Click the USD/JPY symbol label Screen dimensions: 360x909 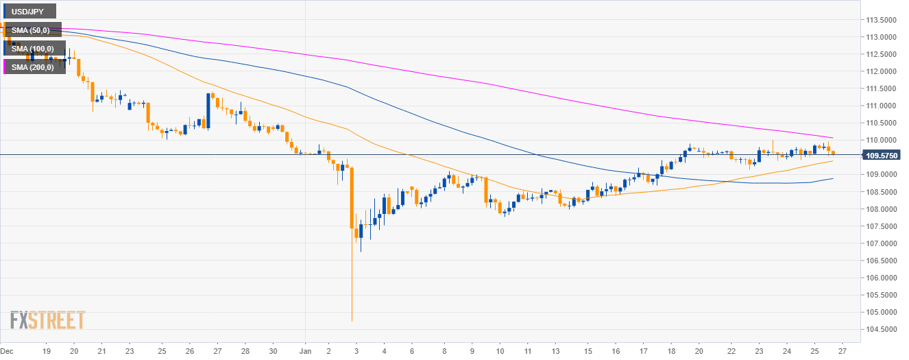click(x=29, y=11)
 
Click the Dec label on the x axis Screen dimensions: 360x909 click(x=8, y=350)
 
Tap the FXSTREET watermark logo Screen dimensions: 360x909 click(x=47, y=320)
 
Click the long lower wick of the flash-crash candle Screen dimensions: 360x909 click(x=352, y=288)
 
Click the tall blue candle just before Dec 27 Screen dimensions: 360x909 click(x=208, y=111)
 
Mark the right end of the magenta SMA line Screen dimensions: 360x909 click(x=832, y=138)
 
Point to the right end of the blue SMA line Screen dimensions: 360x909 click(x=832, y=179)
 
